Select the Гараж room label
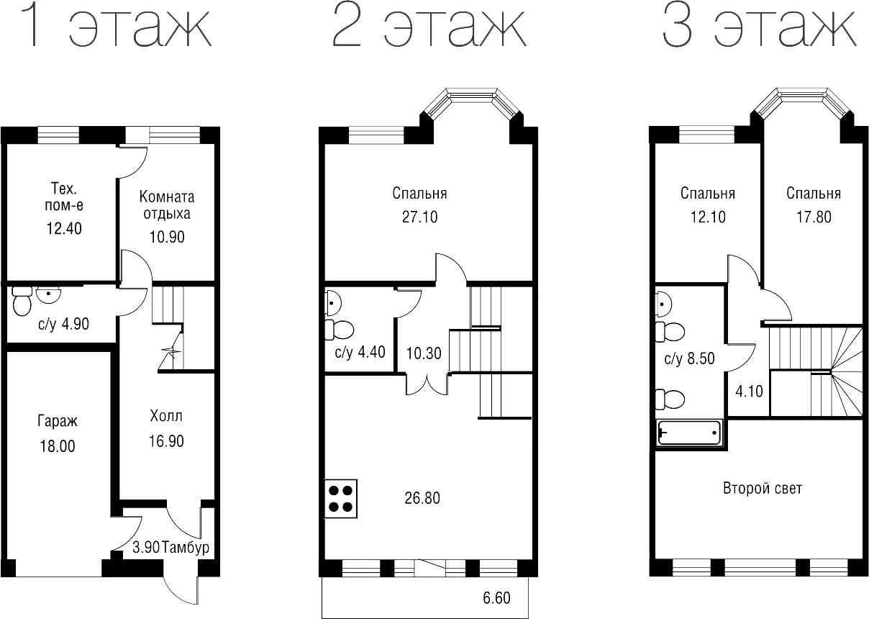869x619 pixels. (58, 421)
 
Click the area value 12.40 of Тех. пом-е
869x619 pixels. (63, 229)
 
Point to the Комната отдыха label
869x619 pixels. (166, 205)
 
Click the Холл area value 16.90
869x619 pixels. (165, 440)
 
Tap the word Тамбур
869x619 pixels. (186, 548)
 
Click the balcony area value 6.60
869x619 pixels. (496, 597)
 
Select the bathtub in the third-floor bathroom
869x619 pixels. (689, 433)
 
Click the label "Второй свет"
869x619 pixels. (762, 488)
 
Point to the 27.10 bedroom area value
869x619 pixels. (419, 217)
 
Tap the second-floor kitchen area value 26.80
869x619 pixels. (422, 497)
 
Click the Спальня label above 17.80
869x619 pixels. (813, 194)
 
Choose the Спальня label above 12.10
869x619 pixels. (707, 194)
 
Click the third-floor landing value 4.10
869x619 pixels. (748, 392)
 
